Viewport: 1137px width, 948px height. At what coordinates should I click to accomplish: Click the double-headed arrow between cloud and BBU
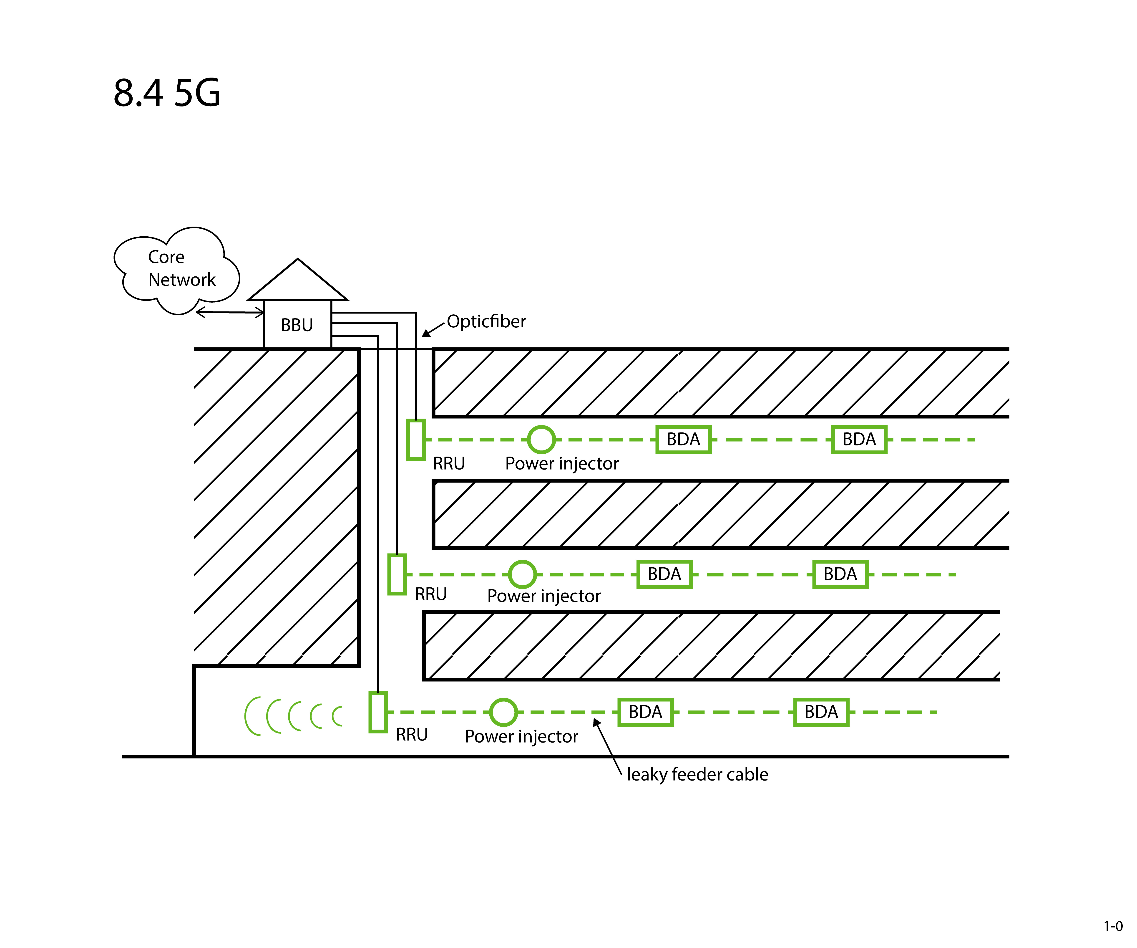point(230,312)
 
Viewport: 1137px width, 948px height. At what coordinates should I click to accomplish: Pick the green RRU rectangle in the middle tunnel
point(397,574)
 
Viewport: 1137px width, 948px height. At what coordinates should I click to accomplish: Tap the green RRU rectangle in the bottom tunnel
point(378,712)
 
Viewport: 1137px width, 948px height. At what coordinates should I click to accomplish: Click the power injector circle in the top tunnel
point(541,439)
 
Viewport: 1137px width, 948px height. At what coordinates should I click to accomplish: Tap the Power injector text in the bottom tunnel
point(521,737)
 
